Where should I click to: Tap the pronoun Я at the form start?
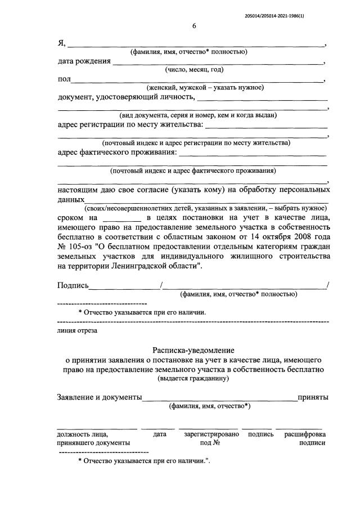point(61,43)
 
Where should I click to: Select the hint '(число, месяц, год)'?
point(194,70)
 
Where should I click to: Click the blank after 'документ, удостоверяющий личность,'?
point(262,98)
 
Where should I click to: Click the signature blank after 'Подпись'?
point(124,286)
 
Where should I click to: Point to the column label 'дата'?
point(159,434)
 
